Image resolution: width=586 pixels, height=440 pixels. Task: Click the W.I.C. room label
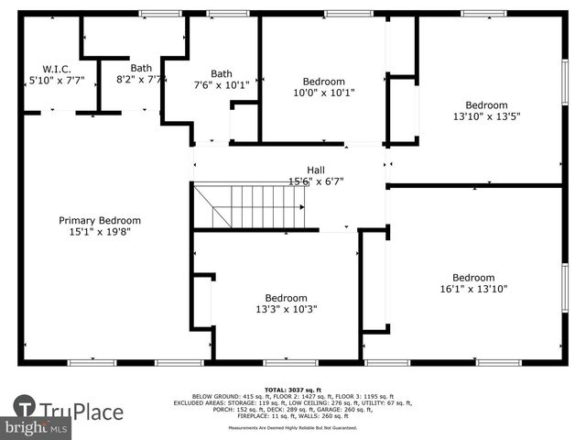(x=50, y=69)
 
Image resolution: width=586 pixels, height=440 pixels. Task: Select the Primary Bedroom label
(x=100, y=220)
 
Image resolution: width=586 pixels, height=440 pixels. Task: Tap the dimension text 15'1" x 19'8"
(x=100, y=232)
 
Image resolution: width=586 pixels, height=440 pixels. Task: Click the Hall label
(x=315, y=170)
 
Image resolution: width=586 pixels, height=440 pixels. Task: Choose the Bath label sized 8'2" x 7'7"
(x=141, y=68)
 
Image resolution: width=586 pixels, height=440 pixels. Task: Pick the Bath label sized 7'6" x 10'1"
(x=222, y=74)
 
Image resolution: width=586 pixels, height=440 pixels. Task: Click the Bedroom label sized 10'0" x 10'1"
(x=324, y=81)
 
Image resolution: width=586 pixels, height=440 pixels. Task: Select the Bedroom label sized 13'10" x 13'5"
(x=485, y=104)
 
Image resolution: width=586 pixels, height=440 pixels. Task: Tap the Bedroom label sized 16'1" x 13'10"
(x=473, y=278)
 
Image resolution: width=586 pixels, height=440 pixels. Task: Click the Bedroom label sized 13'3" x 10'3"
(x=286, y=298)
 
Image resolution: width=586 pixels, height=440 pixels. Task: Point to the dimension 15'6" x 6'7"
(x=315, y=181)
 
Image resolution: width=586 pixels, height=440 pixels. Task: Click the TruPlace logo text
(x=81, y=412)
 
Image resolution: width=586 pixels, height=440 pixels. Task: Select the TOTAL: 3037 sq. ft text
(x=293, y=389)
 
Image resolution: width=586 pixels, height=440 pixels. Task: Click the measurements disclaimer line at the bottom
(x=293, y=428)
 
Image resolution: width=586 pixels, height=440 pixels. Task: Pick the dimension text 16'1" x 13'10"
(x=473, y=290)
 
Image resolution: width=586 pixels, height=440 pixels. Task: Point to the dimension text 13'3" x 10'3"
(x=286, y=310)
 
